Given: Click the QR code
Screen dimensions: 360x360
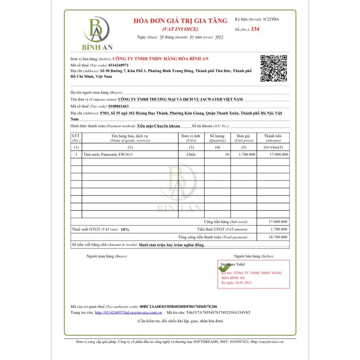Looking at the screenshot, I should pos(273,69).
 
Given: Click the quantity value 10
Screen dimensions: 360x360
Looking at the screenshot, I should pos(227,154).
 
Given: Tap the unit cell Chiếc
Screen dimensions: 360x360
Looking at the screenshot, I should pos(191,154).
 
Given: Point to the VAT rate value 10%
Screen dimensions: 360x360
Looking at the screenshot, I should pos(125,229).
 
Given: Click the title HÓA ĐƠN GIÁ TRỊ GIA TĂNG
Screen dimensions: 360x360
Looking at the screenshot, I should pos(180,20).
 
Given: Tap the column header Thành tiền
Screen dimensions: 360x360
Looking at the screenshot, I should pos(273,136).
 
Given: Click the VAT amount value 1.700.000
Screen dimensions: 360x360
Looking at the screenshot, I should pos(279,229).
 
